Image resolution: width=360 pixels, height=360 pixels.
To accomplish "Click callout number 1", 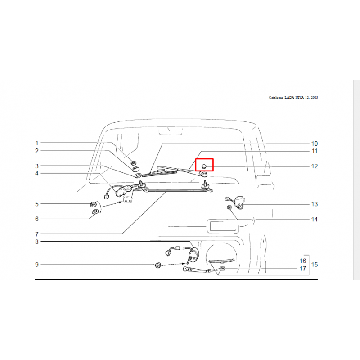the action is (37, 143).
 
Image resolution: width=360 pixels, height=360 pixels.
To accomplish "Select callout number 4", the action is (37, 174).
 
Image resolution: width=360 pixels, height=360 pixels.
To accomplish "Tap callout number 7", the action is (37, 234).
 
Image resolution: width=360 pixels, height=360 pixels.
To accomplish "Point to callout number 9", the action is (37, 265).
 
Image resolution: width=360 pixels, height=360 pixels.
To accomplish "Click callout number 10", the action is (314, 144).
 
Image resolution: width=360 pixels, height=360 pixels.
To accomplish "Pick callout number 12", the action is (314, 166).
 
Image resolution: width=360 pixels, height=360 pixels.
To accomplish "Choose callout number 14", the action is (314, 220).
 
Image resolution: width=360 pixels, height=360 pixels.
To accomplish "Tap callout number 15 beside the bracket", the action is (314, 265).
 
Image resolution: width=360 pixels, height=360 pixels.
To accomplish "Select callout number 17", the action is (303, 268).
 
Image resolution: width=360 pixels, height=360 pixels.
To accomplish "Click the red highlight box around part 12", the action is (204, 159).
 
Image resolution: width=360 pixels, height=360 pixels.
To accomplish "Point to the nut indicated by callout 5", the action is (93, 204).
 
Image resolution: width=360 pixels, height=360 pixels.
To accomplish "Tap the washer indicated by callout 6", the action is (94, 211).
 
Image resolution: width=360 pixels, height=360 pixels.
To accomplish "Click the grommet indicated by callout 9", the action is (158, 265).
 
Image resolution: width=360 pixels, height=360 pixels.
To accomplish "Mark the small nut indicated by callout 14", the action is (229, 207).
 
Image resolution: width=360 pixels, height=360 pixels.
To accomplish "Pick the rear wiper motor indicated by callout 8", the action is (194, 255).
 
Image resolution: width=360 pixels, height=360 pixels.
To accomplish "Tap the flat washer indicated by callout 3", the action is (138, 175).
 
